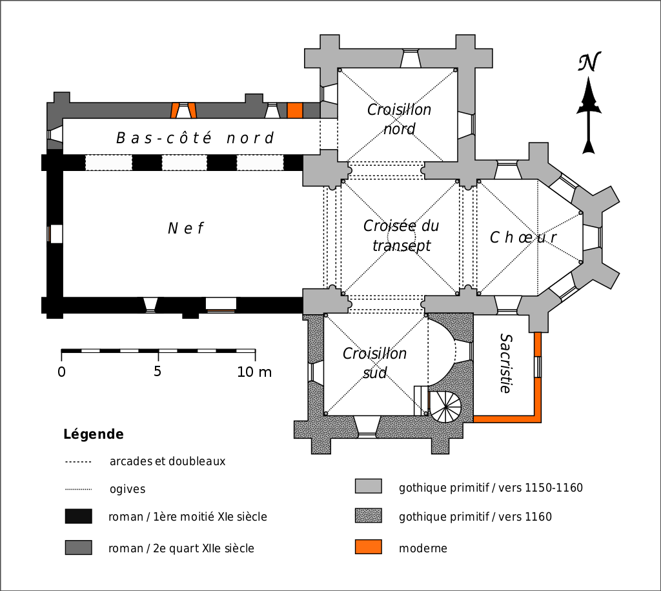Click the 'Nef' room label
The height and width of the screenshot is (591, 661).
point(186,228)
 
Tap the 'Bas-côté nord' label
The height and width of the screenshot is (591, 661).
point(195,138)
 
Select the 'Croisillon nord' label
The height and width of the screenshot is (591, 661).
point(399,119)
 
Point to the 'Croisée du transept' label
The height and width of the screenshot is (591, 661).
point(401,235)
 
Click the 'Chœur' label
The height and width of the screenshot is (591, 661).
point(523,237)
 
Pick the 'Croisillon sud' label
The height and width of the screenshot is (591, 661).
point(374,363)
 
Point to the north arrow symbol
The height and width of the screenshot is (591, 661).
point(588,116)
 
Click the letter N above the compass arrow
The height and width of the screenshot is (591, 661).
point(589,63)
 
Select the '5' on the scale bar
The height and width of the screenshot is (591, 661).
point(158,372)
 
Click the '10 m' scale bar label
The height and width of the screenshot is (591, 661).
point(254,372)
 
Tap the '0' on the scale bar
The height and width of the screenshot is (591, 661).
point(61,372)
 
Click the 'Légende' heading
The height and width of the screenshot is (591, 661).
point(93,434)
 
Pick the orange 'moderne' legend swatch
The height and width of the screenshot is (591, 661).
point(368,547)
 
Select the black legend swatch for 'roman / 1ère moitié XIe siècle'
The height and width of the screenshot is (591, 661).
point(78,516)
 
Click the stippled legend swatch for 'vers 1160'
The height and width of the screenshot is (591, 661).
point(368,516)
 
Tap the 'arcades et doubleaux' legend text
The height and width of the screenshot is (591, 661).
point(167,461)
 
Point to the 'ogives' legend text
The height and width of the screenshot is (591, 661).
point(127,489)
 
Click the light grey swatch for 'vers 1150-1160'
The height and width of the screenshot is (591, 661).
point(368,486)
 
